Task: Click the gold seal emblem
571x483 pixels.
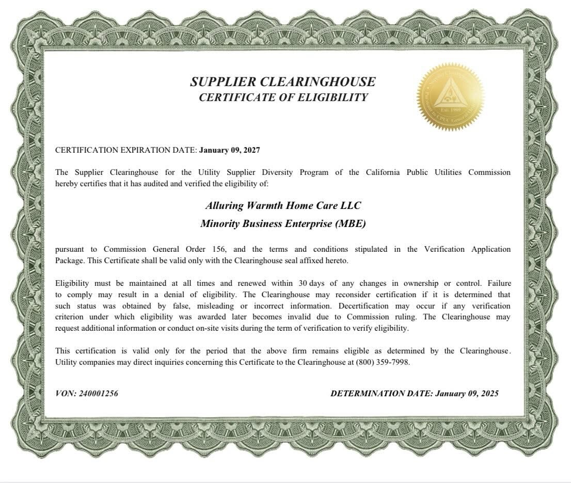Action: pos(450,96)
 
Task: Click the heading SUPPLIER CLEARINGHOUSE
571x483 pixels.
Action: pos(283,82)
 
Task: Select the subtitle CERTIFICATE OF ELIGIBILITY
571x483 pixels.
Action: pos(283,98)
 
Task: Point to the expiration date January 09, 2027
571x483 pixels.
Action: pos(229,150)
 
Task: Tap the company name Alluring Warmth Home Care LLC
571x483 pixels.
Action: pos(283,205)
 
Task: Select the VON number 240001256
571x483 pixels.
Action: pos(99,393)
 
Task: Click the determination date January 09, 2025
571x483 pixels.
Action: pos(467,393)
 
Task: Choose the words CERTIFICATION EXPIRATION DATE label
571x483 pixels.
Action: pos(125,150)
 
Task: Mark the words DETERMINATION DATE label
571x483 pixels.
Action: pos(381,393)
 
